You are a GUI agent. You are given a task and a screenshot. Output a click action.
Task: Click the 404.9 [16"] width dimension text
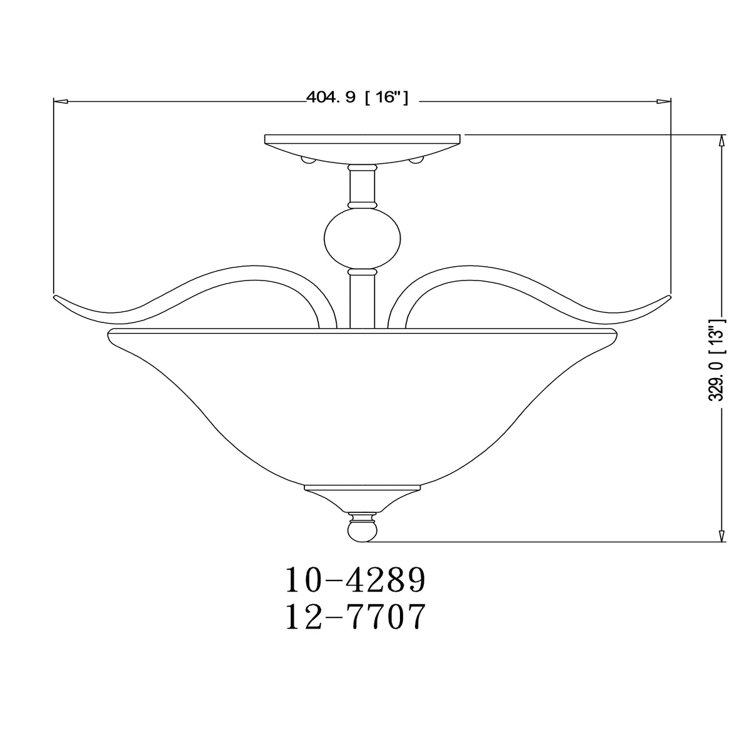(x=357, y=97)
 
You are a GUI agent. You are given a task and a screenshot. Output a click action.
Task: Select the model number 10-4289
(x=356, y=580)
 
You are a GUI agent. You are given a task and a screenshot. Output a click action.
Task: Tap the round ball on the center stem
(x=362, y=239)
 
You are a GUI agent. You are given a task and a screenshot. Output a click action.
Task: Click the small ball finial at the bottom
(x=362, y=531)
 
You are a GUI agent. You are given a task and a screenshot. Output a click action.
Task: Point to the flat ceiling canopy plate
(x=362, y=138)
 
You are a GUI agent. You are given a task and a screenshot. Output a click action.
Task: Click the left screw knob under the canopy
(x=307, y=161)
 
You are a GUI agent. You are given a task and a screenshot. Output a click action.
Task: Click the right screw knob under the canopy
(x=416, y=161)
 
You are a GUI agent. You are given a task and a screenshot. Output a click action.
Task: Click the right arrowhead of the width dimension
(x=664, y=100)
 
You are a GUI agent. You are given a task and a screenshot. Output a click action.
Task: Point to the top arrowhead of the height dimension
(x=722, y=141)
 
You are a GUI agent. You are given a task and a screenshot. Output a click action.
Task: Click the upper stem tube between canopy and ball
(x=362, y=187)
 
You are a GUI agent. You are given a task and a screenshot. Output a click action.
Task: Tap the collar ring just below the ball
(x=362, y=272)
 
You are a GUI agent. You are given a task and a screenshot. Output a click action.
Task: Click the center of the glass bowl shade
(x=362, y=400)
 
